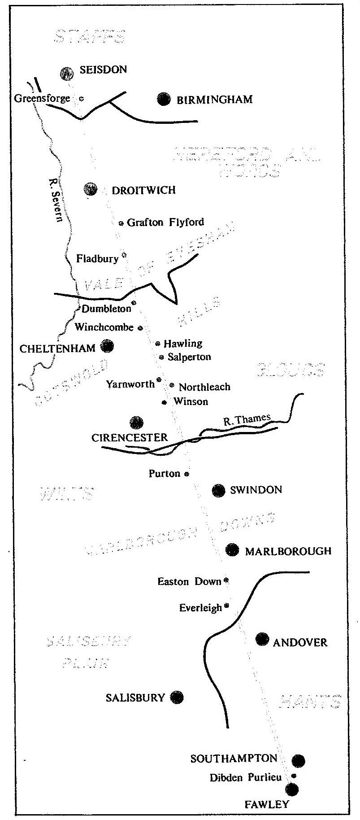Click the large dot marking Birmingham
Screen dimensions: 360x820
(x=164, y=99)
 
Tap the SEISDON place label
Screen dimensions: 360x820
(x=103, y=70)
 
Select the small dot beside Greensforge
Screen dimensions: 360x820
(x=81, y=98)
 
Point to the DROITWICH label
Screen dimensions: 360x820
(x=143, y=190)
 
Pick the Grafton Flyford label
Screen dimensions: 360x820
(x=165, y=222)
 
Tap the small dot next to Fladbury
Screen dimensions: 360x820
(x=124, y=255)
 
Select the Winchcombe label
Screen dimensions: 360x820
(x=104, y=327)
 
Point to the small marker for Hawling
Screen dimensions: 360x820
(x=158, y=344)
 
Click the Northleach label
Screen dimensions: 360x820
(x=204, y=387)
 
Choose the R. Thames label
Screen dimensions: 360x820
(x=247, y=420)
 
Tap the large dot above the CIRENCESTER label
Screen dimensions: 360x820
(x=136, y=423)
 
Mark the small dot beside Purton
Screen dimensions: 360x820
(x=187, y=474)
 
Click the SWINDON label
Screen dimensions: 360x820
(x=256, y=490)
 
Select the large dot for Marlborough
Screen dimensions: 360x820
(x=232, y=550)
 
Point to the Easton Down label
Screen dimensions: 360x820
(x=189, y=582)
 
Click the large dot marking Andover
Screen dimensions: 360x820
(x=262, y=639)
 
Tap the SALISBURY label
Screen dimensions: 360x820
(x=135, y=698)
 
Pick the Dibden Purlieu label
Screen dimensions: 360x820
(x=246, y=778)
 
